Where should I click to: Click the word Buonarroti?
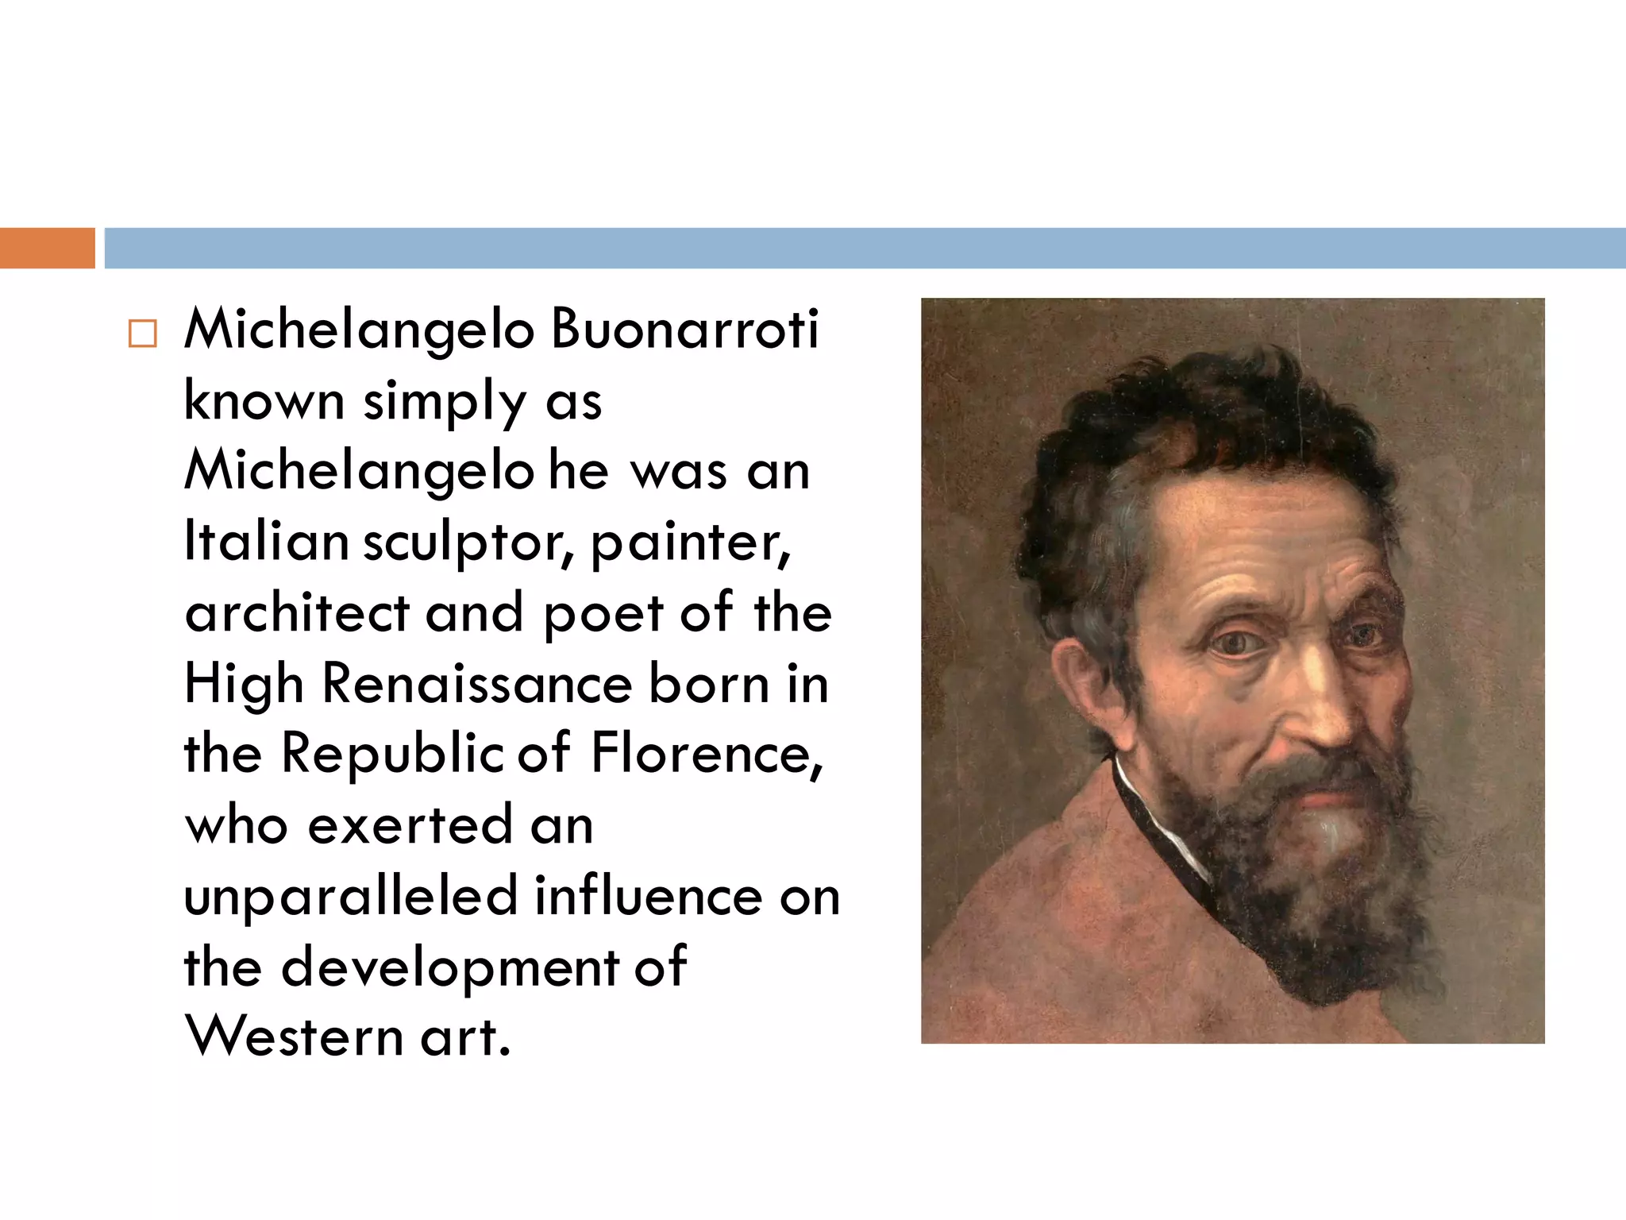684,329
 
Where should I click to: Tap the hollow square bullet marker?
143,334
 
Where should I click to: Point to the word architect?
297,613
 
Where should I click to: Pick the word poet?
603,613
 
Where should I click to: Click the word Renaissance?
476,684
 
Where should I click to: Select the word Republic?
392,755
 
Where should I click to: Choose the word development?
449,967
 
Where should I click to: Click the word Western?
294,1037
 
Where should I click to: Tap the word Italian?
266,542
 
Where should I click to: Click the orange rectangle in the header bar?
47,248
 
